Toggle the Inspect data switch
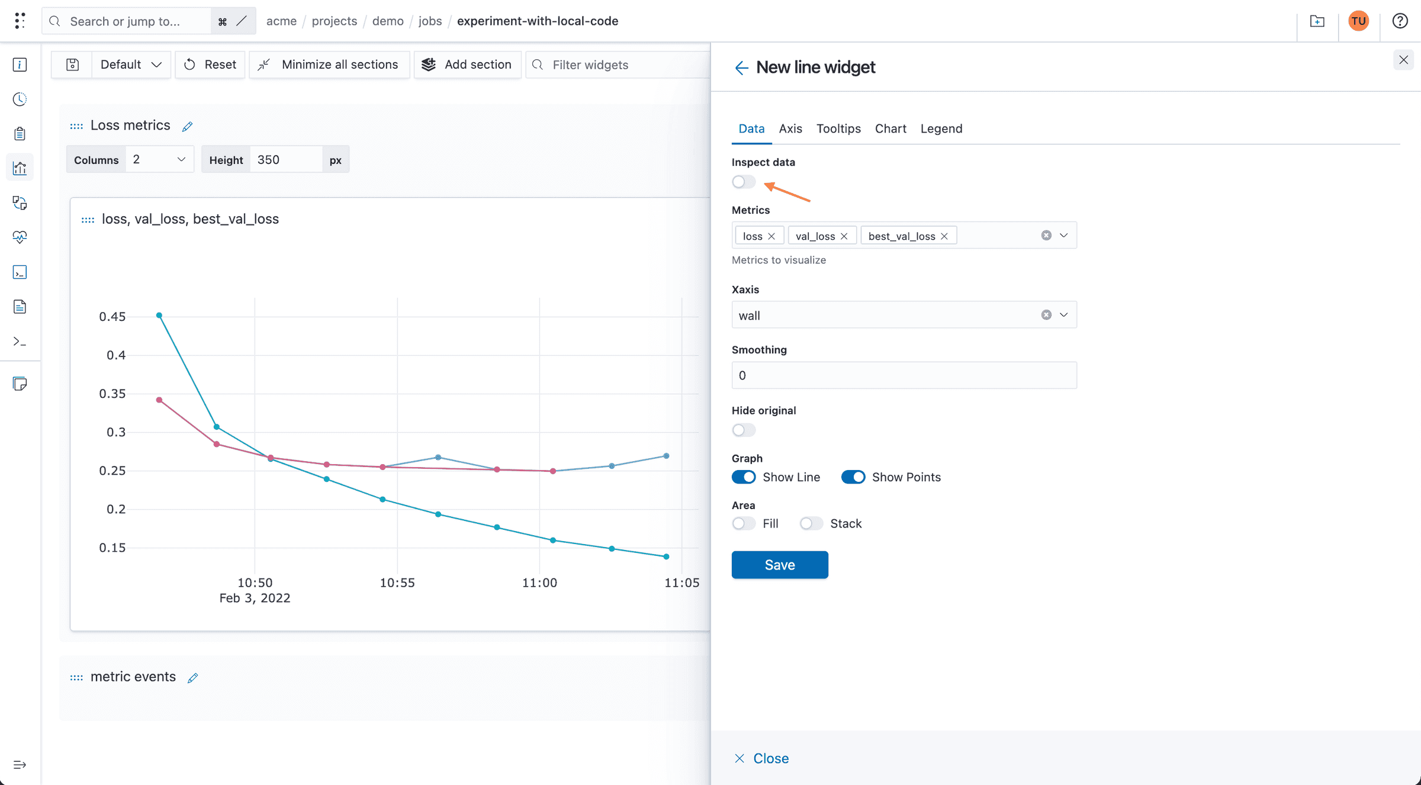(744, 182)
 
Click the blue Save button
(779, 565)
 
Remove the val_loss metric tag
(844, 236)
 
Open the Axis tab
(790, 128)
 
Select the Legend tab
(941, 128)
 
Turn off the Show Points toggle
(853, 477)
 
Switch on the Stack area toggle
(811, 523)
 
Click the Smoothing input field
(904, 375)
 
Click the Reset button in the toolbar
(210, 65)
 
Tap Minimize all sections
(329, 65)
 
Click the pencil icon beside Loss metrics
(187, 127)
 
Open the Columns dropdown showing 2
(159, 160)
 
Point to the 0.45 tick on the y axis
(112, 317)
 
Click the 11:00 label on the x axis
(539, 583)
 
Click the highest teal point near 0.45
(159, 316)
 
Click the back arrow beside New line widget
(741, 67)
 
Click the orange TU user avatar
(1358, 21)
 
